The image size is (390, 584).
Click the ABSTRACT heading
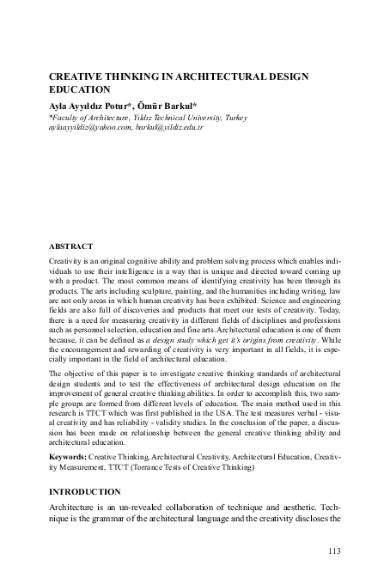70,246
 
